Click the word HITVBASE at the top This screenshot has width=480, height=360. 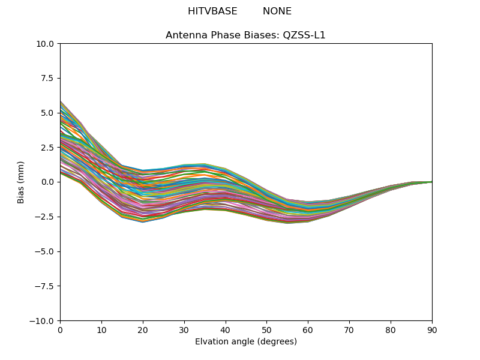[212, 11]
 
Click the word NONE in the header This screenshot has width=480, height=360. [277, 11]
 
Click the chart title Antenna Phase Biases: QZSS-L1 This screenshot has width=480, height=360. [245, 35]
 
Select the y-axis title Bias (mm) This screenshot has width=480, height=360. [20, 182]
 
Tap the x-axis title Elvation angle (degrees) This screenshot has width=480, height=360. [246, 341]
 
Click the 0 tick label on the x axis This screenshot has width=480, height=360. [61, 331]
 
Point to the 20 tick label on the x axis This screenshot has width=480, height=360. [143, 331]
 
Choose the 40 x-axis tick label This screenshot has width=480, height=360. [226, 331]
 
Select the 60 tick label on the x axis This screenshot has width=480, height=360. [308, 331]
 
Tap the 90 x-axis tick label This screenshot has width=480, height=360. [432, 331]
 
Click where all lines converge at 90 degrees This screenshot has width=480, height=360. [432, 182]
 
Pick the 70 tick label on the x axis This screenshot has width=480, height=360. [349, 331]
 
